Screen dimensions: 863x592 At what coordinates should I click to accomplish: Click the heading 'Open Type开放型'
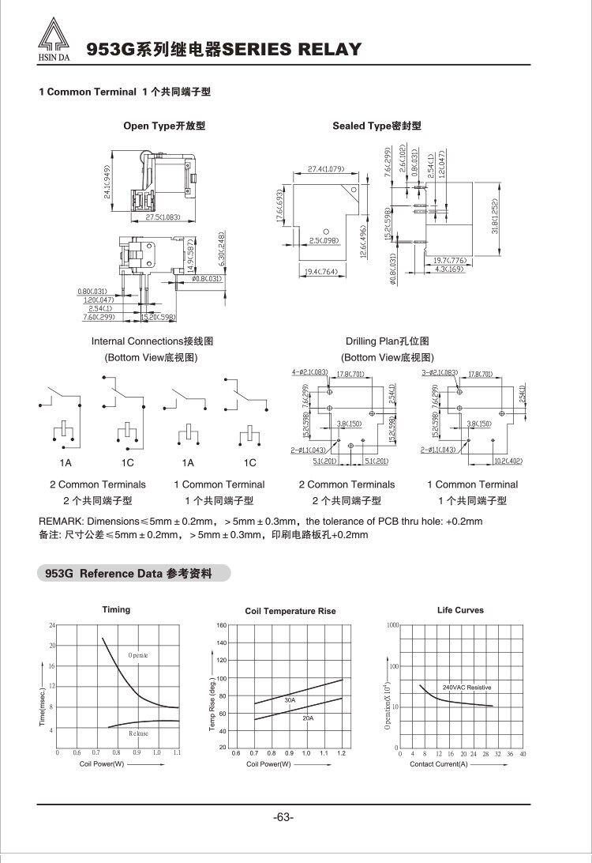[164, 126]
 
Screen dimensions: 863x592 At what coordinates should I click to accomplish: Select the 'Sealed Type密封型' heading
[377, 126]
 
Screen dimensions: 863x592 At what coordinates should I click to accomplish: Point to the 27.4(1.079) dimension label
[326, 169]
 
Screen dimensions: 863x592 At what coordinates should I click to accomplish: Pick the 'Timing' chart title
[116, 609]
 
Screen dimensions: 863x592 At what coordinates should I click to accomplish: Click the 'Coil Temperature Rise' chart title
[290, 611]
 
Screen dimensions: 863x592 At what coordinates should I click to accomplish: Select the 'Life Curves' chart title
[460, 610]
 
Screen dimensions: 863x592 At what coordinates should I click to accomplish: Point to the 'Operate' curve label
[138, 655]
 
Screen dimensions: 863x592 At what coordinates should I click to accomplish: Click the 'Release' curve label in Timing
[138, 733]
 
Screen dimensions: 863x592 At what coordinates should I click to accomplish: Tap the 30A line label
[290, 700]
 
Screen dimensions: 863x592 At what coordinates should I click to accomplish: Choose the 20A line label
[308, 718]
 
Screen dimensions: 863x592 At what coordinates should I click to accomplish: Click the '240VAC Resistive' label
[466, 688]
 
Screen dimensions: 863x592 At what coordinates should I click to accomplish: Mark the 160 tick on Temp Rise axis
[222, 626]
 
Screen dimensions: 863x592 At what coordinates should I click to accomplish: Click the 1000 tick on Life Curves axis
[393, 625]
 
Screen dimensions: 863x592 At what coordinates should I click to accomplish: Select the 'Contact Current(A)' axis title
[438, 764]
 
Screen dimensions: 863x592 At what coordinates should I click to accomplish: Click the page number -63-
[283, 816]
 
